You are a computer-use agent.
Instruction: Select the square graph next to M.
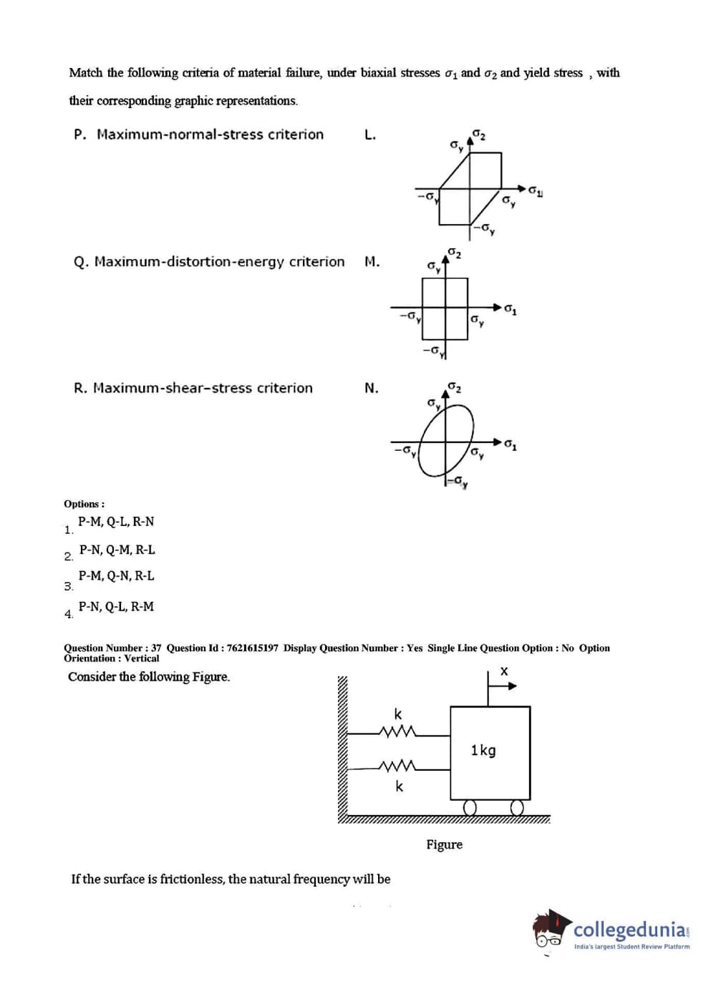coord(445,308)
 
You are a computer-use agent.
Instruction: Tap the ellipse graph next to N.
coord(446,439)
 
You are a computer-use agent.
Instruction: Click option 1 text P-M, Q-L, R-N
coord(116,522)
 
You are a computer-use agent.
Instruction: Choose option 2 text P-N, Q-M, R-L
coord(117,550)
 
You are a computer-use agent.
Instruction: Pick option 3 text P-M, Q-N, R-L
coord(116,575)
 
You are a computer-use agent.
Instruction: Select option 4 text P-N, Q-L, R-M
coord(116,606)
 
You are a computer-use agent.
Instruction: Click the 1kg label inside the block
coord(483,750)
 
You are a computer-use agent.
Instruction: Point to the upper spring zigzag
coord(397,731)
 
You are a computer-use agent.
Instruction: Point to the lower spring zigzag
coord(397,767)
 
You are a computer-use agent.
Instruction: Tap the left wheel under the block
coord(470,807)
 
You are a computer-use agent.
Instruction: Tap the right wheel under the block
coord(517,807)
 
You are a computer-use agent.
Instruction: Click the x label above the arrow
coord(504,671)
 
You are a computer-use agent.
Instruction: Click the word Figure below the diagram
coord(444,844)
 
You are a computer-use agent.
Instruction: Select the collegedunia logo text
coord(630,930)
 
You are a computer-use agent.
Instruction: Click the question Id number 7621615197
coord(252,648)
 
